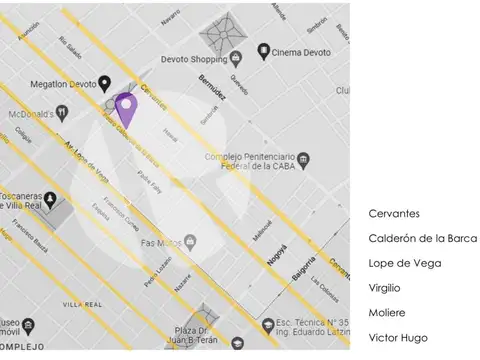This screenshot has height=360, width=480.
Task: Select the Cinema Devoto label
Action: [x=302, y=50]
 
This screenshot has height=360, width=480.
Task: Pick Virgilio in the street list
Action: [x=385, y=287]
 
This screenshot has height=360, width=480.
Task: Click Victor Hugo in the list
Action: [x=398, y=337]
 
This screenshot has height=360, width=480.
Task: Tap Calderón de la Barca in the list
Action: [x=422, y=238]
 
